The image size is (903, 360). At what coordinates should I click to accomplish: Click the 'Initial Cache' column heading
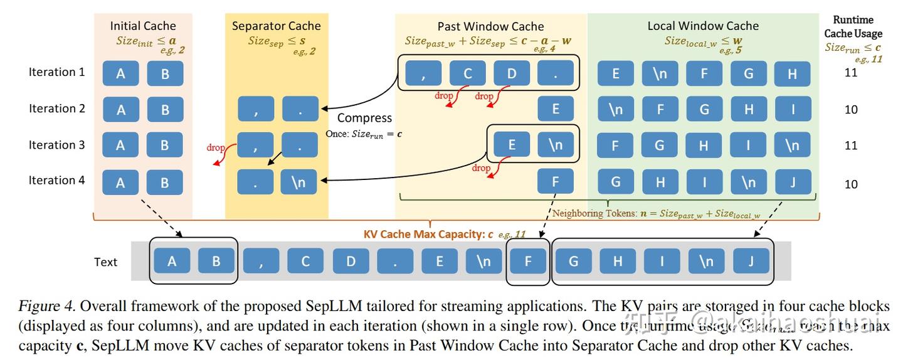pyautogui.click(x=143, y=26)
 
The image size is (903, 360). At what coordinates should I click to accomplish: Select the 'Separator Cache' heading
pyautogui.click(x=276, y=26)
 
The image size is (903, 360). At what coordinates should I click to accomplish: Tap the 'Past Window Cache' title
pyautogui.click(x=490, y=26)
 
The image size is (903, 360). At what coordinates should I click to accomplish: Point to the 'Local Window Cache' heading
pyautogui.click(x=703, y=26)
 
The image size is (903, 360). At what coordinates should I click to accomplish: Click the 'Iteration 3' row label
pyautogui.click(x=56, y=145)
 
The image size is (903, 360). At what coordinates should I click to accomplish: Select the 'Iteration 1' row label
pyautogui.click(x=56, y=72)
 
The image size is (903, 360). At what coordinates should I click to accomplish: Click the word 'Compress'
pyautogui.click(x=364, y=118)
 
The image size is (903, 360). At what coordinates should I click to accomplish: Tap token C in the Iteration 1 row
pyautogui.click(x=468, y=74)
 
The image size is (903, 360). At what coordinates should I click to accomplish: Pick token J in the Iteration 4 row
pyautogui.click(x=793, y=183)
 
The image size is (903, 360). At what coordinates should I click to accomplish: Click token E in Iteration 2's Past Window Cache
pyautogui.click(x=556, y=109)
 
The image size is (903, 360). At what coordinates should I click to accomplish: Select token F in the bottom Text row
pyautogui.click(x=527, y=262)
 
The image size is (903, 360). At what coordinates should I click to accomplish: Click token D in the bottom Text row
pyautogui.click(x=351, y=262)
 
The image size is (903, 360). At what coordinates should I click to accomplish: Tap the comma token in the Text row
pyautogui.click(x=261, y=262)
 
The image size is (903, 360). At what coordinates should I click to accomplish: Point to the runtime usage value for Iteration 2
pyautogui.click(x=851, y=110)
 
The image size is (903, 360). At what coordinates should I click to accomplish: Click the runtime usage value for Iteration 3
pyautogui.click(x=851, y=146)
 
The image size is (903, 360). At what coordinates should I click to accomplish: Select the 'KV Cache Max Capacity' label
pyautogui.click(x=424, y=235)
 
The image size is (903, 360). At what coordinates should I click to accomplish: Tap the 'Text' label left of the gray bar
pyautogui.click(x=105, y=262)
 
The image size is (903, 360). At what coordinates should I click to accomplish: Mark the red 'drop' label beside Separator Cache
pyautogui.click(x=215, y=148)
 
